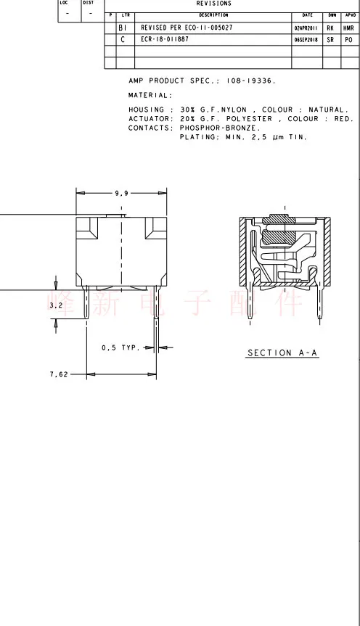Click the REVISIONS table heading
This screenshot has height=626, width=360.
[x=213, y=4]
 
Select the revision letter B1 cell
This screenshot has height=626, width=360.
[x=122, y=28]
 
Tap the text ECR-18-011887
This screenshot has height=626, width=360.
[x=165, y=39]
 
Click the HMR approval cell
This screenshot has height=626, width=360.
[x=348, y=28]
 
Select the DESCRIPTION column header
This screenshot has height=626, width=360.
[x=213, y=15]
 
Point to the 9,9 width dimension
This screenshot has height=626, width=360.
[x=121, y=193]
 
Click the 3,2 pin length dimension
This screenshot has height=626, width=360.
[x=55, y=306]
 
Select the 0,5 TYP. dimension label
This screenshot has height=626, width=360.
[x=120, y=348]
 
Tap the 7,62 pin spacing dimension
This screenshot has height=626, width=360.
[x=59, y=374]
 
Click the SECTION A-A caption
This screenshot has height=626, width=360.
[x=282, y=353]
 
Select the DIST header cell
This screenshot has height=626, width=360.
[x=88, y=2]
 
